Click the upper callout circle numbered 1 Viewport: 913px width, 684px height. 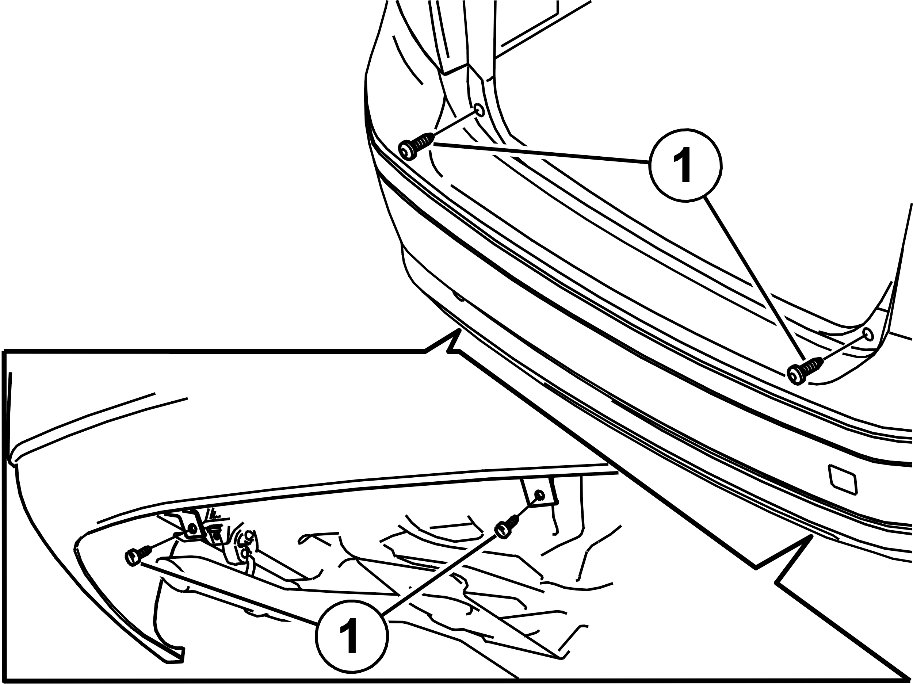pos(685,165)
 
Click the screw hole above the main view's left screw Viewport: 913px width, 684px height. pos(480,110)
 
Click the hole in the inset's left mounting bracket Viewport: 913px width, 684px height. pos(191,529)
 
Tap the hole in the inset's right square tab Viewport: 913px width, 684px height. pos(539,495)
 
